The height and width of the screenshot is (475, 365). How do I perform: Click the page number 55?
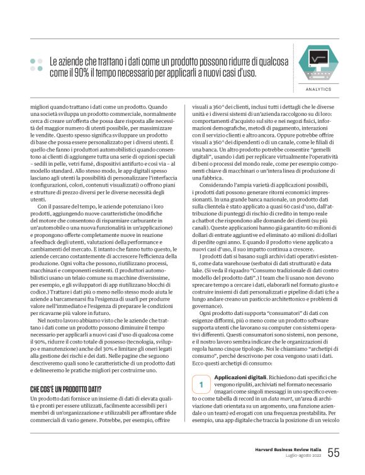(334, 452)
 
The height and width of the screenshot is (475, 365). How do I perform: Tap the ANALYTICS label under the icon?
(318, 89)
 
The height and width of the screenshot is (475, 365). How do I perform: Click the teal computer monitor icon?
(318, 63)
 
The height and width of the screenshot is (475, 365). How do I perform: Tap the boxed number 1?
(200, 382)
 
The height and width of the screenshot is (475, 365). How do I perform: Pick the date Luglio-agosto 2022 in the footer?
(298, 456)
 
